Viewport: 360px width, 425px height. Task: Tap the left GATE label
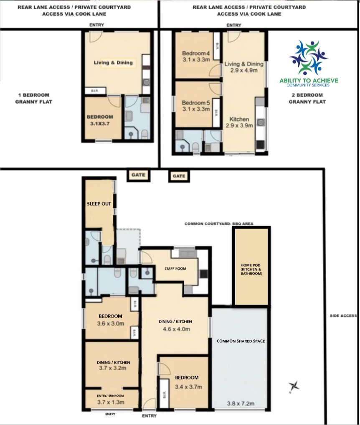[x=138, y=175]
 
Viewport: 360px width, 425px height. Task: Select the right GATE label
[x=179, y=176]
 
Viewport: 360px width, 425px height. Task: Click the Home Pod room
[x=251, y=271]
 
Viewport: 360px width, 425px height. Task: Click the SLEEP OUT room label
[x=99, y=204]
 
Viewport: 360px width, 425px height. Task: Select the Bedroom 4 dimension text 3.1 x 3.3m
[x=195, y=60]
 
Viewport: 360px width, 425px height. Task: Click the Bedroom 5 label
[x=195, y=103]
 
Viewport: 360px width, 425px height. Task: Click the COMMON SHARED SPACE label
[x=241, y=341]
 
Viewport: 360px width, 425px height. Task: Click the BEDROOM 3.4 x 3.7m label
[x=187, y=382]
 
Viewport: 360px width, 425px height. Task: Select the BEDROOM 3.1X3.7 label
[x=100, y=120]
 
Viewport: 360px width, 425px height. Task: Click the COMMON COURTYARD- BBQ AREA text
[x=219, y=224]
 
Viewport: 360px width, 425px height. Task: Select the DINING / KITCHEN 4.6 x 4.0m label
[x=175, y=325]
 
